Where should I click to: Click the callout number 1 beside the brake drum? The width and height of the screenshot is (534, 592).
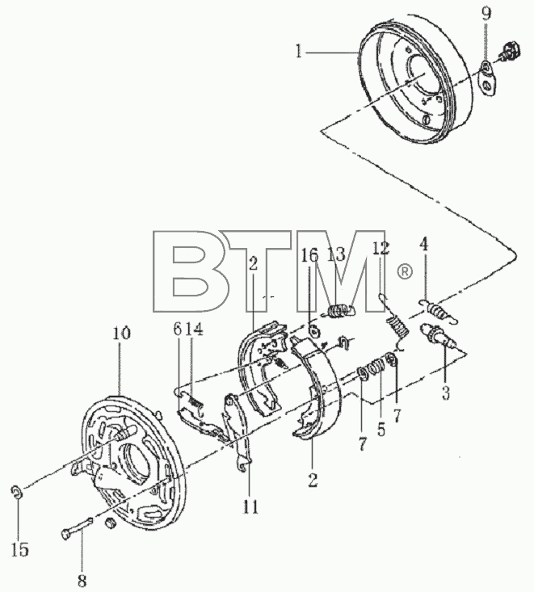tap(299, 52)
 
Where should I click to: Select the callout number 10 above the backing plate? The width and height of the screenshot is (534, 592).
tap(121, 333)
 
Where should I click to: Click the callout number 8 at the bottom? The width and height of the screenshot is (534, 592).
tap(82, 580)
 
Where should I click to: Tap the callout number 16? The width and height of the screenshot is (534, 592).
tap(309, 255)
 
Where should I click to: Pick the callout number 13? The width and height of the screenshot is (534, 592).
tap(337, 254)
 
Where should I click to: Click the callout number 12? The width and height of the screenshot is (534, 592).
tap(381, 249)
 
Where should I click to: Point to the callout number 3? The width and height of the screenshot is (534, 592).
tap(446, 393)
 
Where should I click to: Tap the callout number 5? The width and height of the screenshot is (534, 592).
tap(381, 430)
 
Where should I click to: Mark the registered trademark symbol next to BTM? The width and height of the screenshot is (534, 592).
tap(405, 272)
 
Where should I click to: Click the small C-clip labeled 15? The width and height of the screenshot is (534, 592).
tap(16, 492)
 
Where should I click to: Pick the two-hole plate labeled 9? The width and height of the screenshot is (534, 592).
tap(488, 78)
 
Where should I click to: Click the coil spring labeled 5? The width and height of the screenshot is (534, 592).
tap(376, 367)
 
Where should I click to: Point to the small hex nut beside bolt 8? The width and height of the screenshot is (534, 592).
tap(110, 523)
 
